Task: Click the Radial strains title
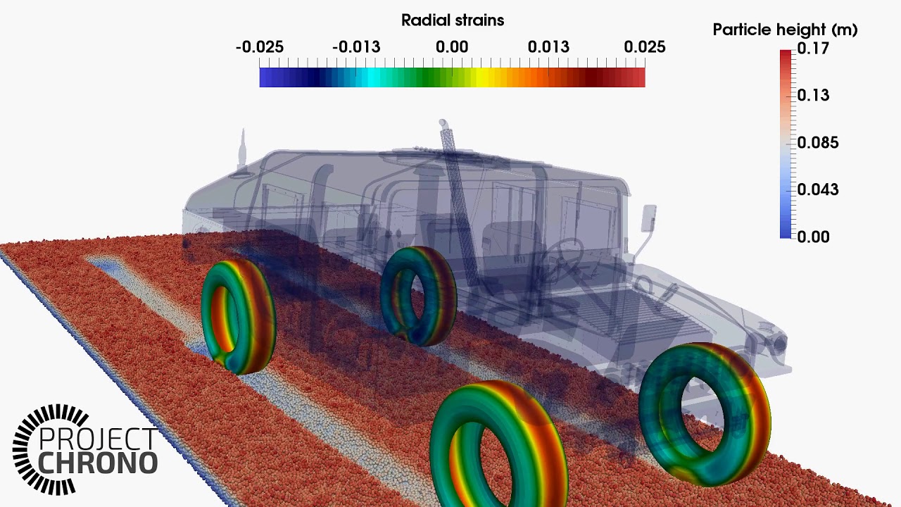coord(453,20)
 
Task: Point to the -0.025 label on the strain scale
coord(260,47)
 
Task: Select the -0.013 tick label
coord(356,47)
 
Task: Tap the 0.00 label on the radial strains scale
coord(452,47)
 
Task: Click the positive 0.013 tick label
coord(548,47)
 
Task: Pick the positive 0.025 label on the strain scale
coord(644,47)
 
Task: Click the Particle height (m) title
coord(785,30)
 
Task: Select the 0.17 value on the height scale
coord(812,49)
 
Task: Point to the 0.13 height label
coord(812,95)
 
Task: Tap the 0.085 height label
coord(817,143)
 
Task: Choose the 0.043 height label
coord(817,189)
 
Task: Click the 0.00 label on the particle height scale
coord(812,237)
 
